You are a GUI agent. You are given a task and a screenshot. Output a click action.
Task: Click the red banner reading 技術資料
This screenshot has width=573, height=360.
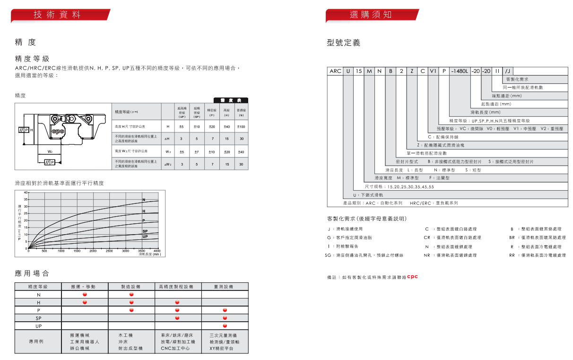point(60,15)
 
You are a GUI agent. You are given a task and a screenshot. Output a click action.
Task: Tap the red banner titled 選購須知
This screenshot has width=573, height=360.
point(372,15)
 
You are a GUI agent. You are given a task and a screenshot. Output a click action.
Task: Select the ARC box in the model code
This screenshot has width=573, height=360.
point(335,71)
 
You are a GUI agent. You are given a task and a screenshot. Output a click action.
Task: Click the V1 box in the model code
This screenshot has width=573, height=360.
point(433,71)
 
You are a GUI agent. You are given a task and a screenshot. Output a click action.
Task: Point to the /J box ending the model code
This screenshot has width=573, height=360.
point(508,71)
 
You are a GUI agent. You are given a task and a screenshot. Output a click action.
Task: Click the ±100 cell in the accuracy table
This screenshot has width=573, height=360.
point(241,127)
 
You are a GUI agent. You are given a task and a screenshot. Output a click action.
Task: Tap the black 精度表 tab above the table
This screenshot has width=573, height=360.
point(231,100)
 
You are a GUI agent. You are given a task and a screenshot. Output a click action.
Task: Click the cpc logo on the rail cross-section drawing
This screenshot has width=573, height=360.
point(58,131)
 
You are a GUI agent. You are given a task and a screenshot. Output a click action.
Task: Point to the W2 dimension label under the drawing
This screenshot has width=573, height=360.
point(50,151)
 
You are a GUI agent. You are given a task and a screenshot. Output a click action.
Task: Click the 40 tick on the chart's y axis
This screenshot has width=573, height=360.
point(26,193)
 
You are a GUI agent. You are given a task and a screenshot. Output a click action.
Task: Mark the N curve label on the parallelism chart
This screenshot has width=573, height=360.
point(144,200)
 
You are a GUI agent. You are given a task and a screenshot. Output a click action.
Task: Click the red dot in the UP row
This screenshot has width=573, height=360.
point(225,326)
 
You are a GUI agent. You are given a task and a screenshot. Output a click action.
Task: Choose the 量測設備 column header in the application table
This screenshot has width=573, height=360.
point(225,286)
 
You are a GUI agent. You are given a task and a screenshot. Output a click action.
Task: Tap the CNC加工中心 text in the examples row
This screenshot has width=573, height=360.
point(175,348)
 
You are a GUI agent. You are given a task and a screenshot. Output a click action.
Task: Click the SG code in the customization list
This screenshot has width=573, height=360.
point(328,255)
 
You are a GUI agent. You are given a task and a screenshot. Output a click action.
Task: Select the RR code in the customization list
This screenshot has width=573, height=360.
point(512,255)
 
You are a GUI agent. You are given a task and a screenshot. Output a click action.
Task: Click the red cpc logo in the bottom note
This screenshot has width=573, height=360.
point(412,277)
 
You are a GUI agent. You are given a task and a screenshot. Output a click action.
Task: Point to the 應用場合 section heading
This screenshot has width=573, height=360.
point(32,273)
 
